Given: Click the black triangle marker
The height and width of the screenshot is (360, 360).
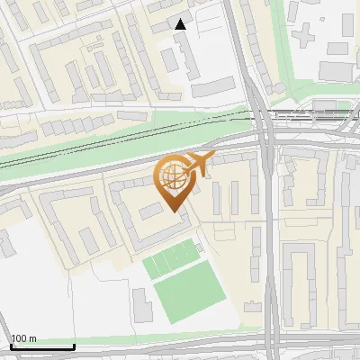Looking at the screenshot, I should coord(181,24).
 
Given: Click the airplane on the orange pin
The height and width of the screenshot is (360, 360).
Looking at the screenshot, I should coord(198,163).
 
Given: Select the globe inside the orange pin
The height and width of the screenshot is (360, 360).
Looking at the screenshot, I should coord(173,178).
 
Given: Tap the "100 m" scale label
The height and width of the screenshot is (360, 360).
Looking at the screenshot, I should coord(23,338).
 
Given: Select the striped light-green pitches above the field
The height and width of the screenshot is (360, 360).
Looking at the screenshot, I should coord(170,258).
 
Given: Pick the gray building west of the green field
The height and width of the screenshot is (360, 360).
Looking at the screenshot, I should coord(142,305).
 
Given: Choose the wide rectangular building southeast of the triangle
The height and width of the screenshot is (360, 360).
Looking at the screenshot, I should coord(212,86).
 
